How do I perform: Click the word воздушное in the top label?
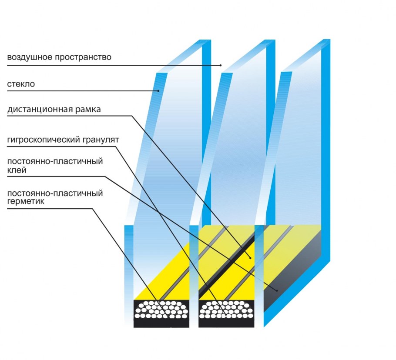pos(30,57)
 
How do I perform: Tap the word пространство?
pos(83,57)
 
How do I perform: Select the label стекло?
pos(21,84)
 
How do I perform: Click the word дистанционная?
pos(40,110)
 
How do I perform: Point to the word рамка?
pos(88,110)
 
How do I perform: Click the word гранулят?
pos(101,140)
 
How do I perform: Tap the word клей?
pos(17,170)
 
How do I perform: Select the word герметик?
pos(26,201)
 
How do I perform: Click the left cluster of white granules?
pos(161,309)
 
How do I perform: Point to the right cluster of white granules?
pos(226,309)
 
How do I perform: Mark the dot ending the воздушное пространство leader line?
pos(221,65)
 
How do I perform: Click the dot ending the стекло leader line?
pos(158,91)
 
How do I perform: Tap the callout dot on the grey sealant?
pos(277,290)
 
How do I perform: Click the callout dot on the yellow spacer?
pos(250,258)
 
